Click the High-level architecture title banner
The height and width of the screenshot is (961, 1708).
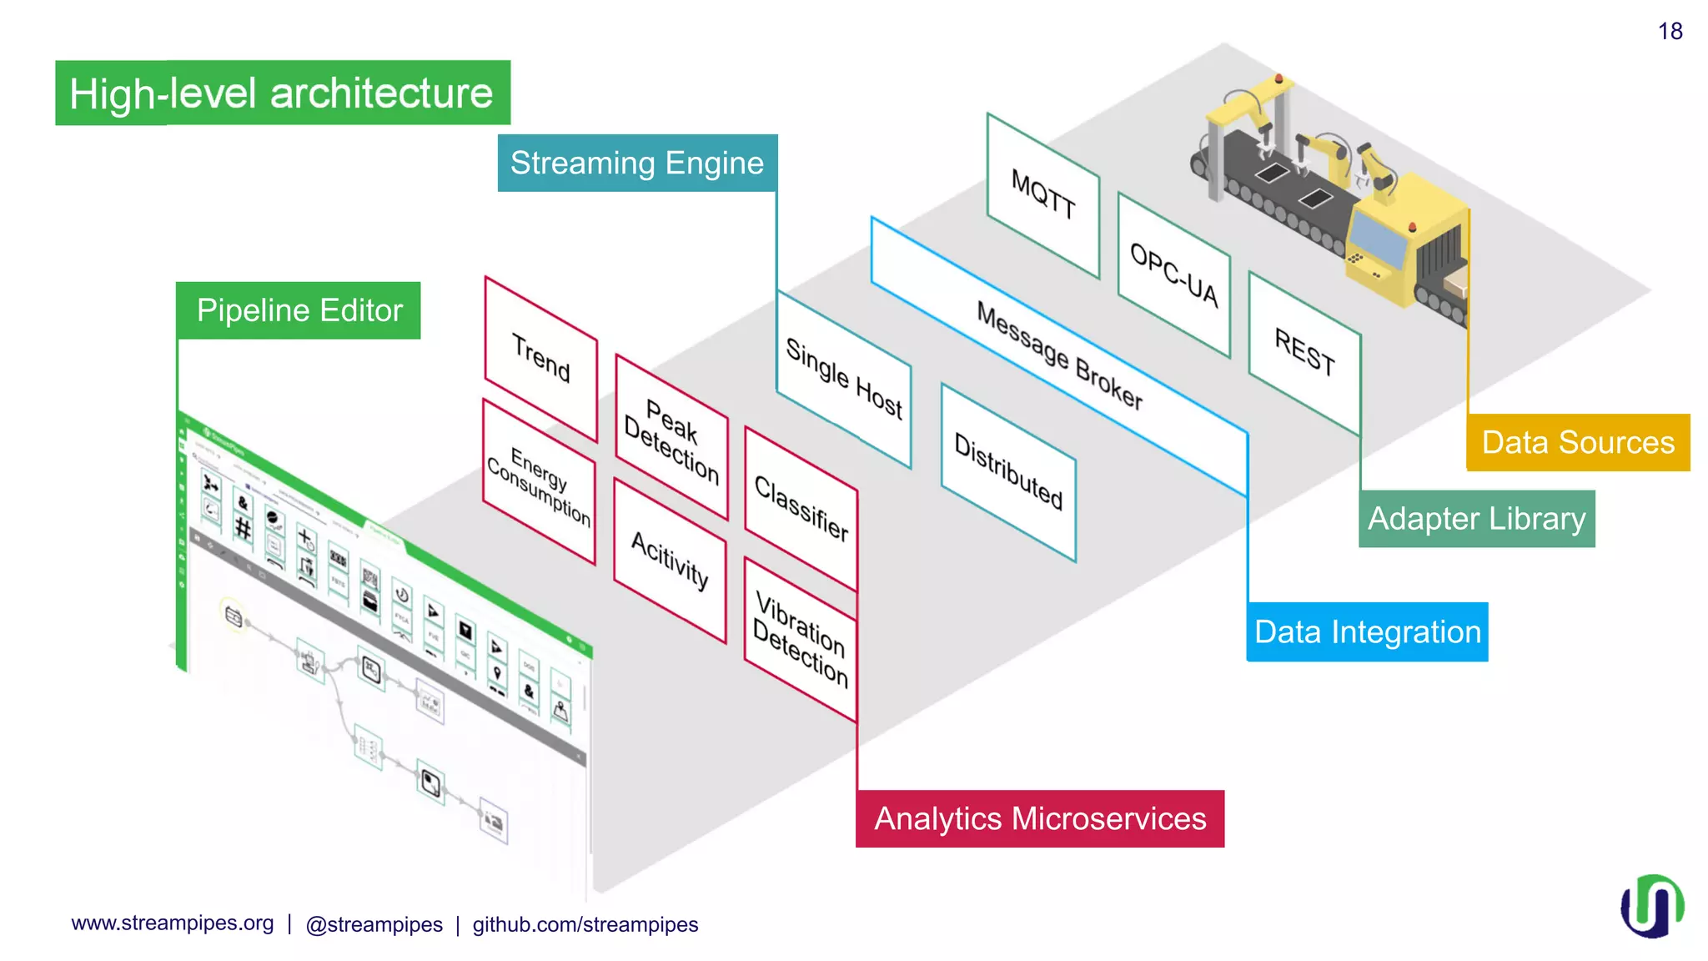[x=282, y=93]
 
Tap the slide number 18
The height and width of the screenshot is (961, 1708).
[x=1670, y=32]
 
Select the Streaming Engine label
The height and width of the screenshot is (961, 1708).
[x=637, y=163]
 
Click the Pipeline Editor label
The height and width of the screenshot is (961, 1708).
[x=299, y=310]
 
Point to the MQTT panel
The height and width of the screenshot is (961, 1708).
[x=1042, y=194]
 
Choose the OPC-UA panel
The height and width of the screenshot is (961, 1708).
[x=1173, y=274]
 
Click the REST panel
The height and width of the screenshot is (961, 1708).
[x=1304, y=352]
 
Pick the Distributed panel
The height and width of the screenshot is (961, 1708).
[x=1008, y=471]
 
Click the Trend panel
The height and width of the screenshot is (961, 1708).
[x=541, y=358]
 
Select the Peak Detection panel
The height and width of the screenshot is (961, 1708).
[x=671, y=440]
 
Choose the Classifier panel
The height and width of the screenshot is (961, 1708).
[x=801, y=509]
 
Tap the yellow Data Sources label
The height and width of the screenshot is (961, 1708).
[x=1578, y=442]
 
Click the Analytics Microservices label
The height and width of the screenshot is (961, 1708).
[x=1039, y=818]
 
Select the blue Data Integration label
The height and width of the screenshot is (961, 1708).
[x=1367, y=631]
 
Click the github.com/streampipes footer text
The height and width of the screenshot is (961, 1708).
[x=585, y=924]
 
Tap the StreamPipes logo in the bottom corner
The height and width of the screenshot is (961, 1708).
[x=1651, y=906]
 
